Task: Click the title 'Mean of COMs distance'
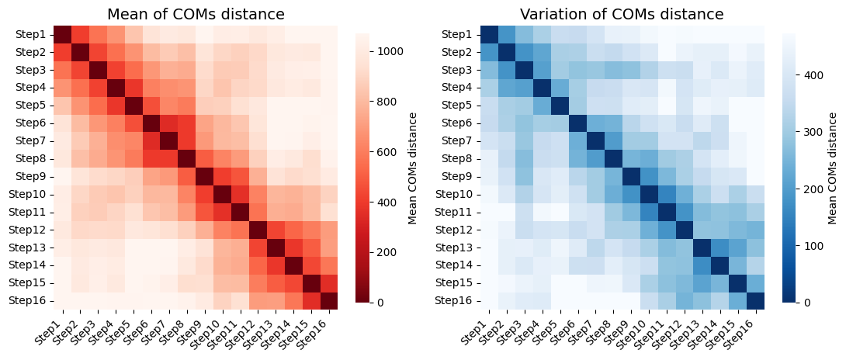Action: [x=196, y=13]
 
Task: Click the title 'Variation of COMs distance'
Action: [x=622, y=13]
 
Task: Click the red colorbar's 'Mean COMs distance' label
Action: [x=413, y=168]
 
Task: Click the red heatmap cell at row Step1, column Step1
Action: [x=63, y=35]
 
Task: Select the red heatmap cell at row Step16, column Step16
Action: [x=329, y=300]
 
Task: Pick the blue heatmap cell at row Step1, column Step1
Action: [x=490, y=35]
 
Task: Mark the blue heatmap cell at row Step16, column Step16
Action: [x=756, y=300]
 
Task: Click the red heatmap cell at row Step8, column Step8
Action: [x=187, y=159]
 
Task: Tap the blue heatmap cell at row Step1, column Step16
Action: [x=756, y=35]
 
